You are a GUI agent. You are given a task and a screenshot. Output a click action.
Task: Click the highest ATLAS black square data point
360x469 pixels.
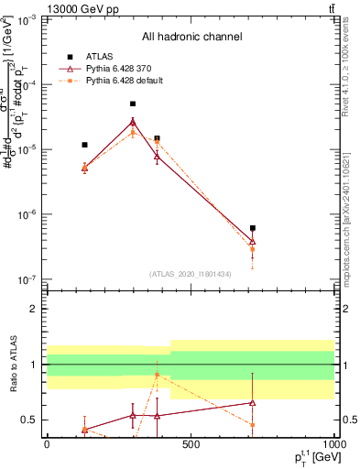[x=133, y=104]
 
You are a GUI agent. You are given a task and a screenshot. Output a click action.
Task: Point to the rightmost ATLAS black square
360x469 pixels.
[x=252, y=228]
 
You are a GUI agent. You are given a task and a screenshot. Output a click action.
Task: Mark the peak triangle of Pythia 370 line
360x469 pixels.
[x=133, y=121]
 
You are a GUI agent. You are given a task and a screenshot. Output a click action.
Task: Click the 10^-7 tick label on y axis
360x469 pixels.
[x=26, y=279]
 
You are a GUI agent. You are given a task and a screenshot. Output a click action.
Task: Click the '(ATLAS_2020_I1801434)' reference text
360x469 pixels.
[x=191, y=274]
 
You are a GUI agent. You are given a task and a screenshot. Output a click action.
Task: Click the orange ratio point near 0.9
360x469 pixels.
[x=157, y=376]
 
